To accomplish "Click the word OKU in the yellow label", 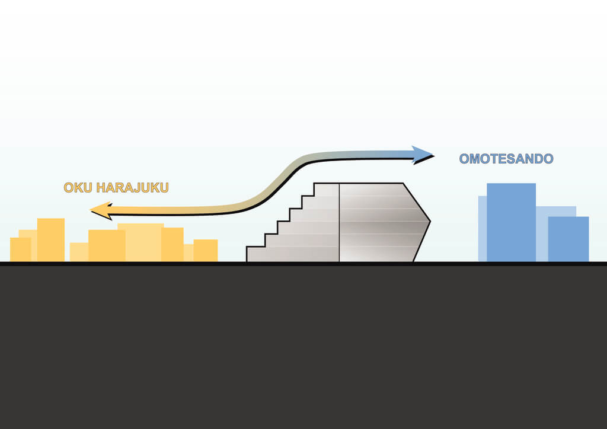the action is pyautogui.click(x=78, y=188).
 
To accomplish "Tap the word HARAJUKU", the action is pyautogui.click(x=132, y=188).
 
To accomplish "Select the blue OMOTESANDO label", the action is pyautogui.click(x=506, y=159).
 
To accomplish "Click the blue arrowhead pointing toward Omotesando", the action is pyautogui.click(x=423, y=155).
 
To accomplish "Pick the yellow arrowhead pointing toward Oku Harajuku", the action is pyautogui.click(x=101, y=210).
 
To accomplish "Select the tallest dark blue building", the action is pyautogui.click(x=511, y=222).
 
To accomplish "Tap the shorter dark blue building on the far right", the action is pyautogui.click(x=568, y=239).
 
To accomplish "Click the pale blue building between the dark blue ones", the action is pyautogui.click(x=542, y=233).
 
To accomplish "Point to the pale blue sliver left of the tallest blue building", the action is pyautogui.click(x=483, y=229).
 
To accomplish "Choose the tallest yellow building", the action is pyautogui.click(x=51, y=240).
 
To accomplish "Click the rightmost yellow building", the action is pyautogui.click(x=206, y=250).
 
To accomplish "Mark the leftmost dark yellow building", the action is pyautogui.click(x=21, y=249).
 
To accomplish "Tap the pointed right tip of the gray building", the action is pyautogui.click(x=430, y=222).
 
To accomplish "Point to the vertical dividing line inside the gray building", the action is pyautogui.click(x=339, y=222).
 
